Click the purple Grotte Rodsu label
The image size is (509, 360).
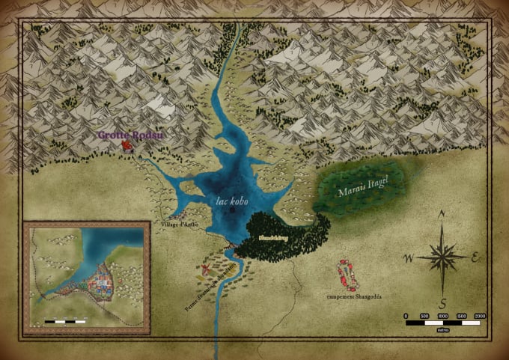click(130, 135)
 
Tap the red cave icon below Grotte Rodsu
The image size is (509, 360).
click(127, 146)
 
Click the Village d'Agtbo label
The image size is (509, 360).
click(177, 224)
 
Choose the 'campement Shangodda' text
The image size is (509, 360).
click(354, 297)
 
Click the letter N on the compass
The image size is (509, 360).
click(442, 213)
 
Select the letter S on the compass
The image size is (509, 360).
click(443, 303)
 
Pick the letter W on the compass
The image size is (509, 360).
click(409, 259)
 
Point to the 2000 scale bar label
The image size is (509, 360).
click(480, 316)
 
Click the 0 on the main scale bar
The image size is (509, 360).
click(406, 316)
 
